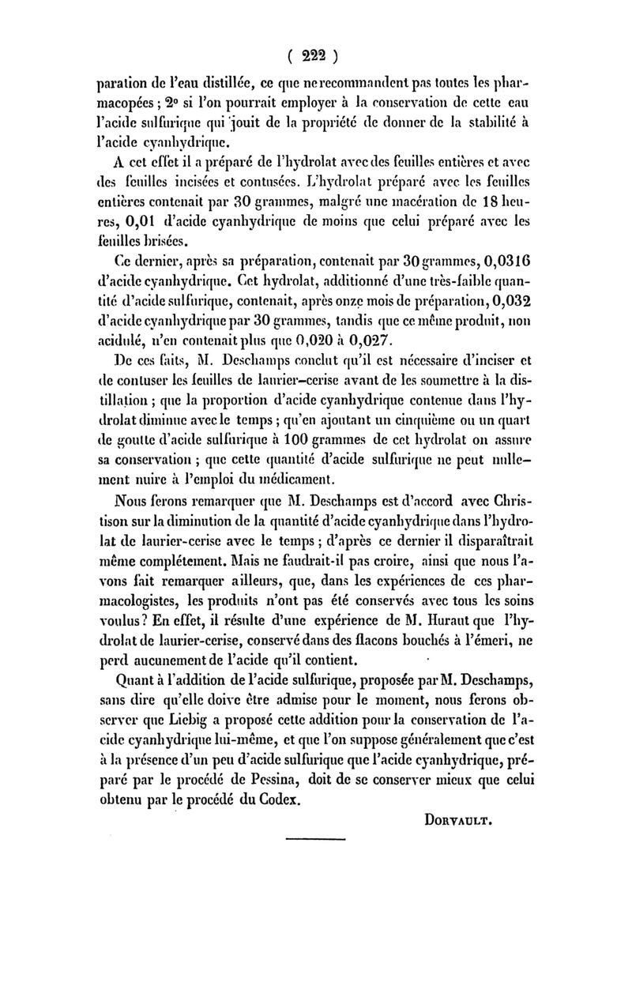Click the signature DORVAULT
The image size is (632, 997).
tap(453, 820)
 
